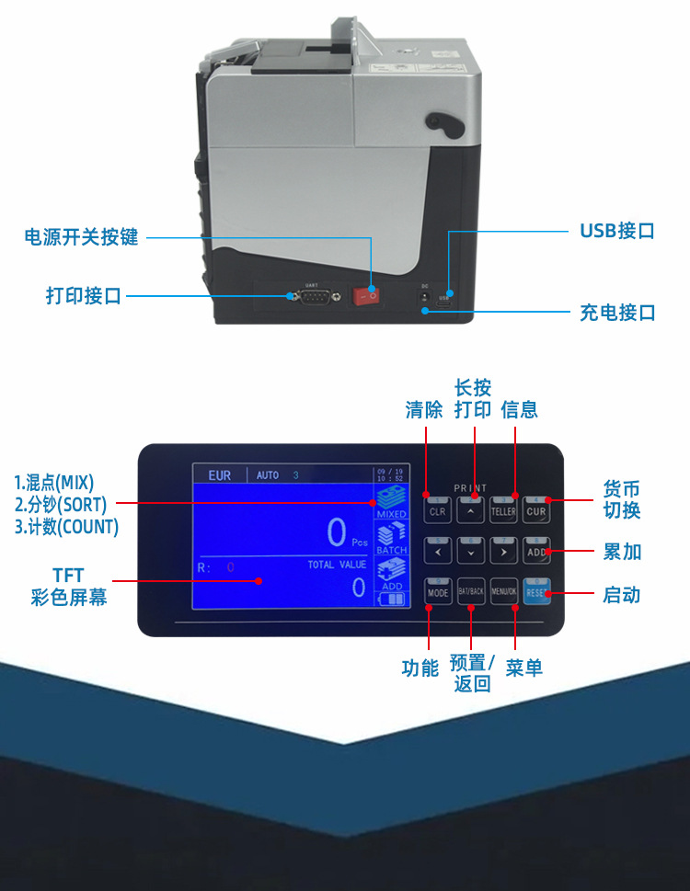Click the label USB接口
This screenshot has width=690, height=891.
coord(616,231)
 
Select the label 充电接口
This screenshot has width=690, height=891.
coord(616,313)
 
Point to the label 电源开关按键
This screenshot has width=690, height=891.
coord(81,237)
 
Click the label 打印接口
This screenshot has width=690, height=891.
coord(84,296)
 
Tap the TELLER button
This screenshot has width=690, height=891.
coord(503,511)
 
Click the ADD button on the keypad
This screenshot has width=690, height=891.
coord(537,552)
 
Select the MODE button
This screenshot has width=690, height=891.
coord(438,593)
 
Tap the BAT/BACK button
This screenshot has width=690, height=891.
coord(471,593)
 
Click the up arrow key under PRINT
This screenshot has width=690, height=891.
coord(471,511)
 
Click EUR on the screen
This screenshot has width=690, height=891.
coord(220,475)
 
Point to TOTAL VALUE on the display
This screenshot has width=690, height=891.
coord(337,565)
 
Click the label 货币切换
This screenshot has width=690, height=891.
coord(621,499)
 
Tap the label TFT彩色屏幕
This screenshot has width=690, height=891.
coord(69,587)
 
